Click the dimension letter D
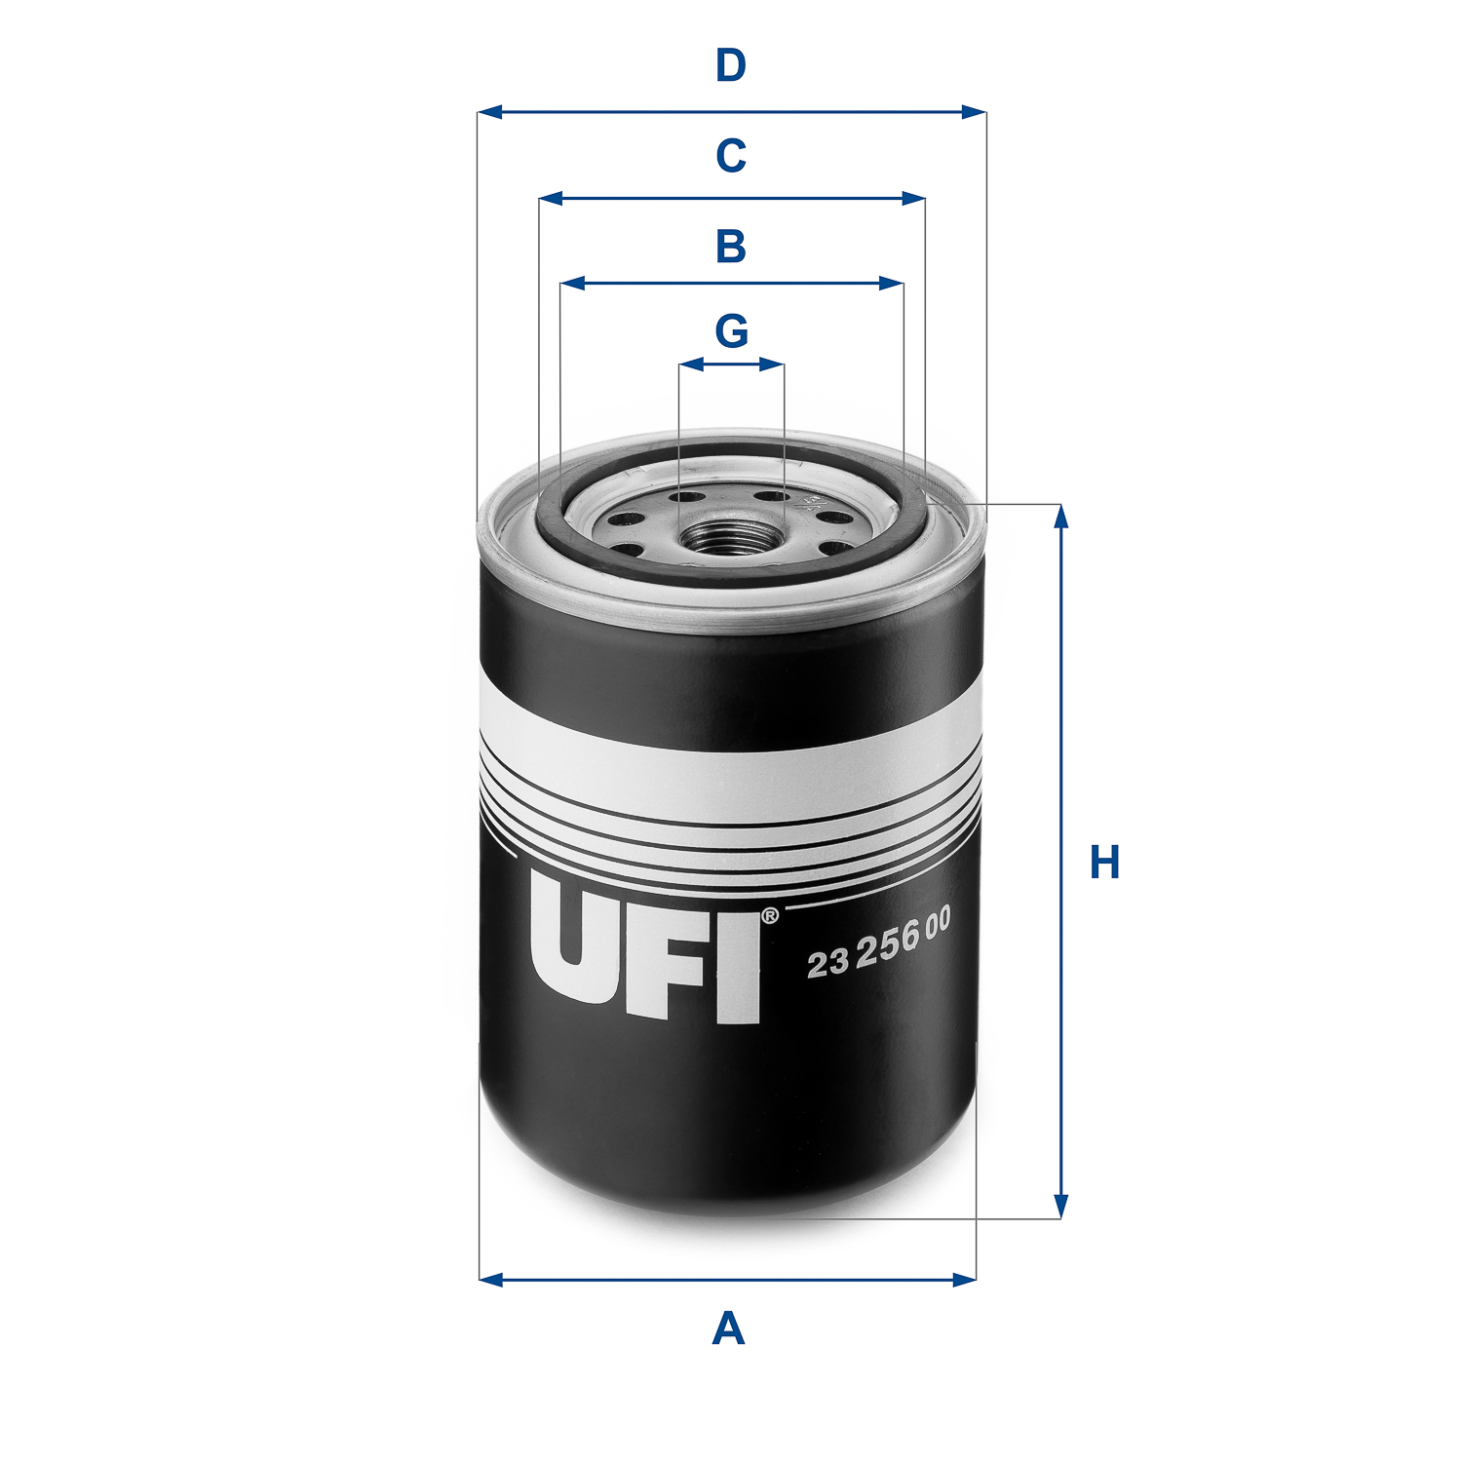point(730,66)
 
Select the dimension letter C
point(730,156)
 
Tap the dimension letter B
point(730,247)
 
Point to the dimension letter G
point(731,331)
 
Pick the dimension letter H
point(1104,864)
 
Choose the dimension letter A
point(728,1329)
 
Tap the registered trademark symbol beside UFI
point(769,916)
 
